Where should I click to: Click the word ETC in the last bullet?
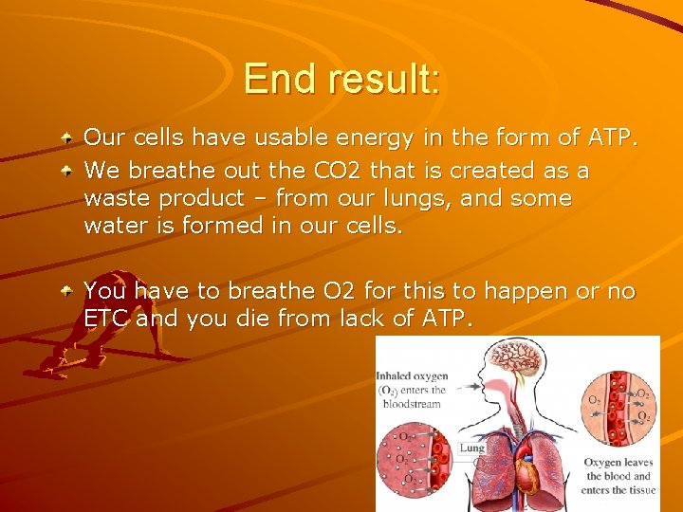106,319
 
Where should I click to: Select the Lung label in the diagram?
471,448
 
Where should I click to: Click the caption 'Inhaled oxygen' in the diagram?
412,376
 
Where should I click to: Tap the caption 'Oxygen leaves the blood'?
618,476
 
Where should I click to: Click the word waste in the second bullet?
114,199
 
